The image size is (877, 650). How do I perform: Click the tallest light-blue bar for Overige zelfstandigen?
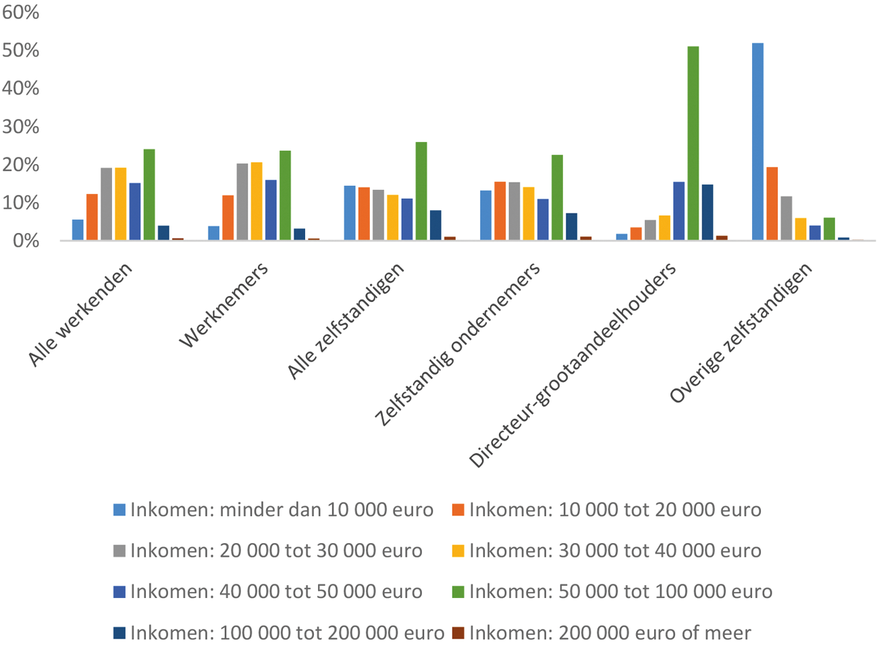(x=758, y=142)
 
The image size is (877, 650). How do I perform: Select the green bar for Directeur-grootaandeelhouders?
(x=693, y=143)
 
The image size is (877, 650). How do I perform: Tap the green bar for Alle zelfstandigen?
(x=421, y=191)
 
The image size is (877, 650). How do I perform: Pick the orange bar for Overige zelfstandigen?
(x=772, y=203)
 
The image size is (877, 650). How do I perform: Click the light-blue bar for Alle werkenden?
(x=78, y=230)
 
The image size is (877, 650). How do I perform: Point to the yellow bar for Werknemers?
(x=256, y=201)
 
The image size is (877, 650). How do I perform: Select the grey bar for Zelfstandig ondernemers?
(x=514, y=211)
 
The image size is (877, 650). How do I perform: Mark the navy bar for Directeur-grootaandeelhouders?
(x=707, y=212)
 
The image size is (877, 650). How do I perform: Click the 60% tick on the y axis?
(x=20, y=12)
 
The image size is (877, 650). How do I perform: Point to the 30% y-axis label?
(x=20, y=126)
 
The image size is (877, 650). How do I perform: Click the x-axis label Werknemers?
(x=224, y=305)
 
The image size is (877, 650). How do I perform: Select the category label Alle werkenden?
(x=80, y=314)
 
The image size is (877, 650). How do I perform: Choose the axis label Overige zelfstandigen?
(x=741, y=333)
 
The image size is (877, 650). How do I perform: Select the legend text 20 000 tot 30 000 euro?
(x=276, y=551)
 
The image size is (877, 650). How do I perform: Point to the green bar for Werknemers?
(x=285, y=195)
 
